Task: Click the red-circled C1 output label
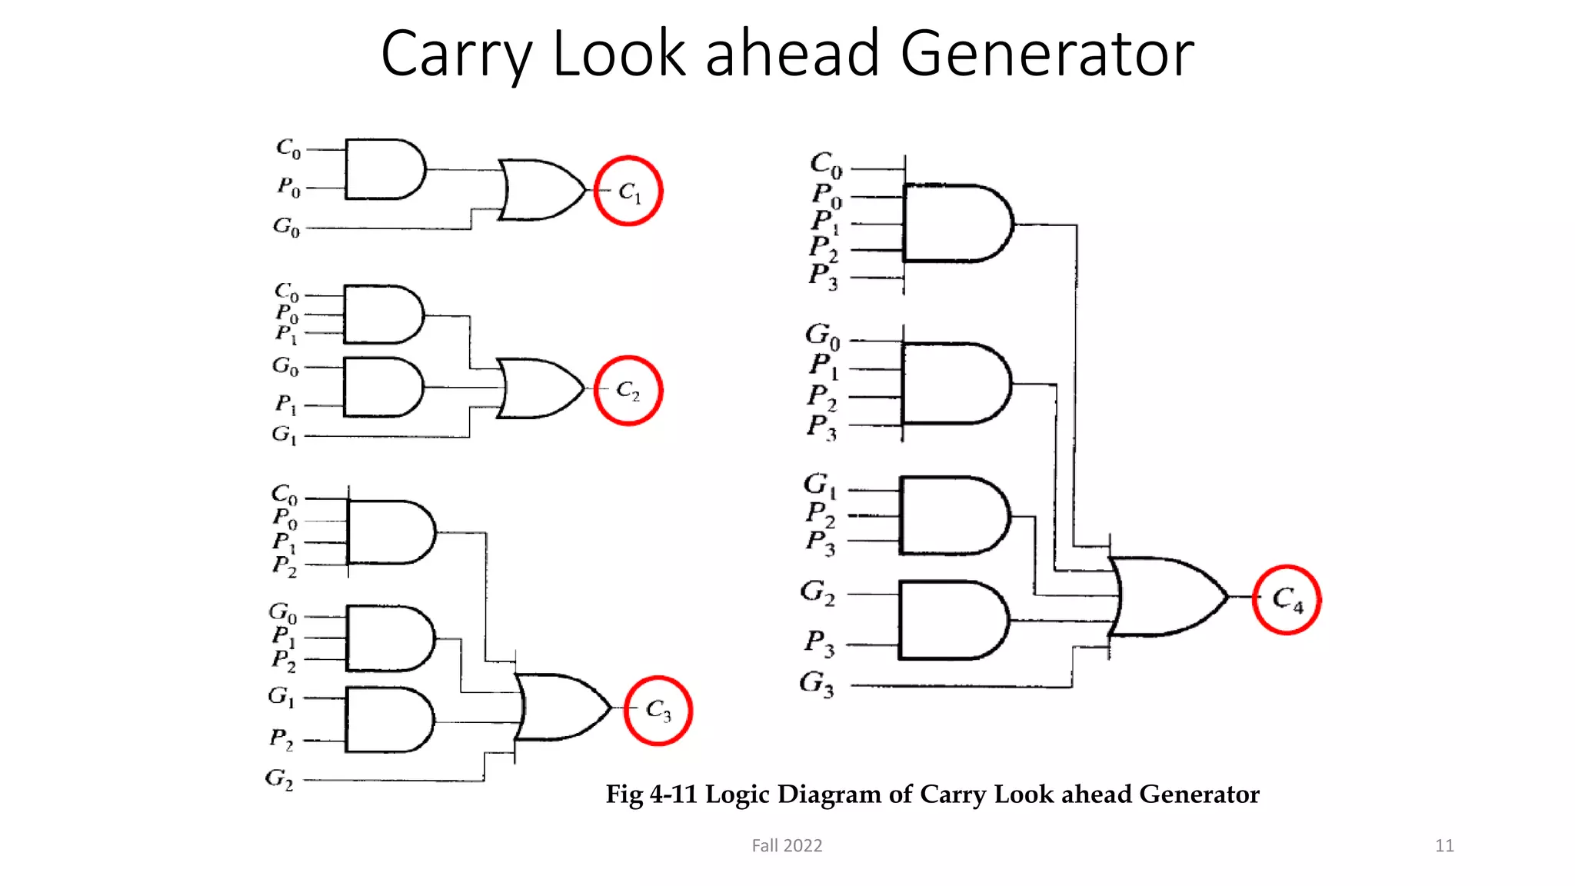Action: (x=628, y=191)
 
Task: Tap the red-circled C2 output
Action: (x=628, y=391)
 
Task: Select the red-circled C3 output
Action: (x=658, y=710)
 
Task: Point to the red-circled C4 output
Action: (x=1287, y=599)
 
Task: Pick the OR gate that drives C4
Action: (x=1165, y=597)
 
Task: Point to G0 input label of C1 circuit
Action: (x=286, y=227)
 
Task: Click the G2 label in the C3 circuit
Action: (x=279, y=779)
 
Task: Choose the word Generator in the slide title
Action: (x=1047, y=54)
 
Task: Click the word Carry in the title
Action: (x=456, y=54)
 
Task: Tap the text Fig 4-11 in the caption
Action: (x=651, y=794)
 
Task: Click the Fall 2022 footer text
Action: (x=787, y=845)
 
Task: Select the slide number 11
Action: (x=1444, y=845)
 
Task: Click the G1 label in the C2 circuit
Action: (x=284, y=435)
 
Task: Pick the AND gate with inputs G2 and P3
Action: (x=952, y=620)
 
